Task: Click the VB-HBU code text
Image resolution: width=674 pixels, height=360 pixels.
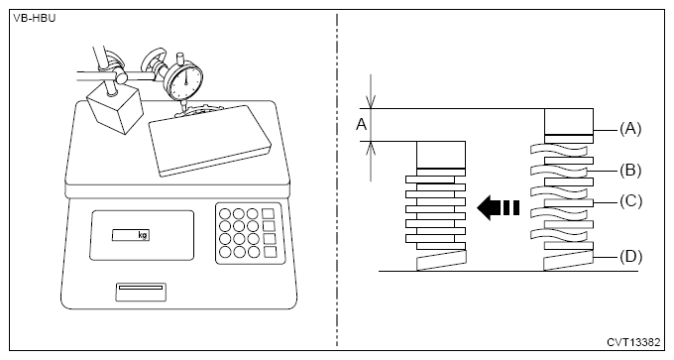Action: coord(35,19)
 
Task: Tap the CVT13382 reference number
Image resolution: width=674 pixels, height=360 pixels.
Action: coord(633,342)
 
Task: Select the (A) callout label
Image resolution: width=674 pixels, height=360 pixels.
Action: coord(630,129)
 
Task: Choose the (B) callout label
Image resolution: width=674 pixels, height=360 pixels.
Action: coord(630,171)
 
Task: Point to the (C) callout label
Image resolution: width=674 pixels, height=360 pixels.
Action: coord(630,201)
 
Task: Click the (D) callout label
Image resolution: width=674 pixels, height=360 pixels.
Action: coord(630,256)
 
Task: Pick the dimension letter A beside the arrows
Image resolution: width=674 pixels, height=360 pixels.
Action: coord(362,125)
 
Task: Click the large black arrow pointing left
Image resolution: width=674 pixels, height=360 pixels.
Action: coord(499,207)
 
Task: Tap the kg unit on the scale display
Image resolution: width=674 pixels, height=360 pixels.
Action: coord(143,235)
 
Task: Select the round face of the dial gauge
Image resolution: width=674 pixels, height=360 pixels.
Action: coord(184,81)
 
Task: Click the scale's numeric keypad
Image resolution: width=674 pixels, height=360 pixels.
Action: coord(250,233)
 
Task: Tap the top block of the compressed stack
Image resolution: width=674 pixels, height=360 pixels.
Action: coord(441,155)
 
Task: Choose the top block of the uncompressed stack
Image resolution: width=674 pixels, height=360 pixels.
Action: coord(569,122)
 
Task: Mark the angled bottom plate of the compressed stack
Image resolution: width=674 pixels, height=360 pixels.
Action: coord(441,261)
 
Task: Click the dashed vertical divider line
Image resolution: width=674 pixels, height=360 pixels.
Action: coord(337,180)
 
